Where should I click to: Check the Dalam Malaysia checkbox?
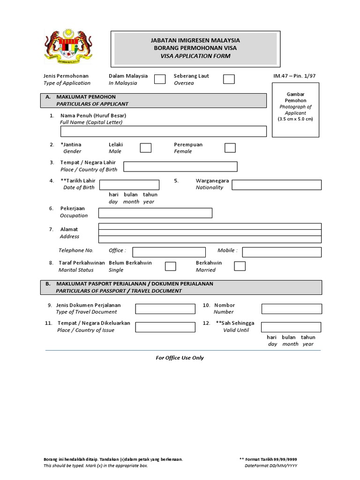(160, 79)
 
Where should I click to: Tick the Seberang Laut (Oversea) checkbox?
(229, 79)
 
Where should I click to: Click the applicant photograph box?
(295, 110)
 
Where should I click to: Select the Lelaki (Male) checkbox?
(146, 148)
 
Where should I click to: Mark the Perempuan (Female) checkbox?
(230, 148)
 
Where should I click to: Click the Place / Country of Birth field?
(180, 166)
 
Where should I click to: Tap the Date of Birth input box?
(129, 185)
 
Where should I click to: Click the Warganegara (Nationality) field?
(277, 185)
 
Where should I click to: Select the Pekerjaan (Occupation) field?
(155, 213)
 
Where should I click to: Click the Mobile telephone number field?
(282, 252)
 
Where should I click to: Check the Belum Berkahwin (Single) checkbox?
(171, 266)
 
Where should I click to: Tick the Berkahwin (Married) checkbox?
(240, 266)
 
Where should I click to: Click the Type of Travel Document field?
(165, 309)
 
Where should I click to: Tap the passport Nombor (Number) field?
(292, 309)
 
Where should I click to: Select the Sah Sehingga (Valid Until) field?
(291, 327)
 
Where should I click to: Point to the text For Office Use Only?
(180, 358)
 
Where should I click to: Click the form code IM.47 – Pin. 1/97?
(296, 76)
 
